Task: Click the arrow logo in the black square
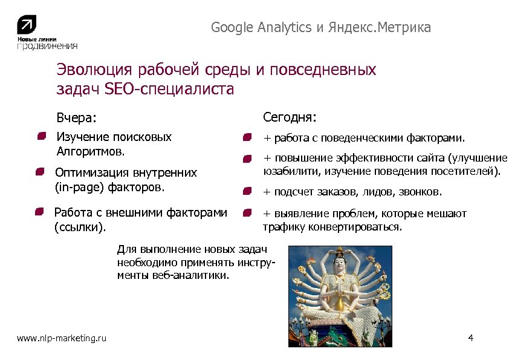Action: coord(26,25)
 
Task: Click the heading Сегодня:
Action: coord(290,116)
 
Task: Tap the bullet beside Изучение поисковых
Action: coord(41,137)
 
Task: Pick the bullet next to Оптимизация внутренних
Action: coord(39,173)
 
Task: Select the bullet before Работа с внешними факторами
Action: coord(39,212)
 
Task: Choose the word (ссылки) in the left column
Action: coord(79,227)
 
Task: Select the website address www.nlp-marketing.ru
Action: coord(62,338)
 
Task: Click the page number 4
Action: coord(471,337)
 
